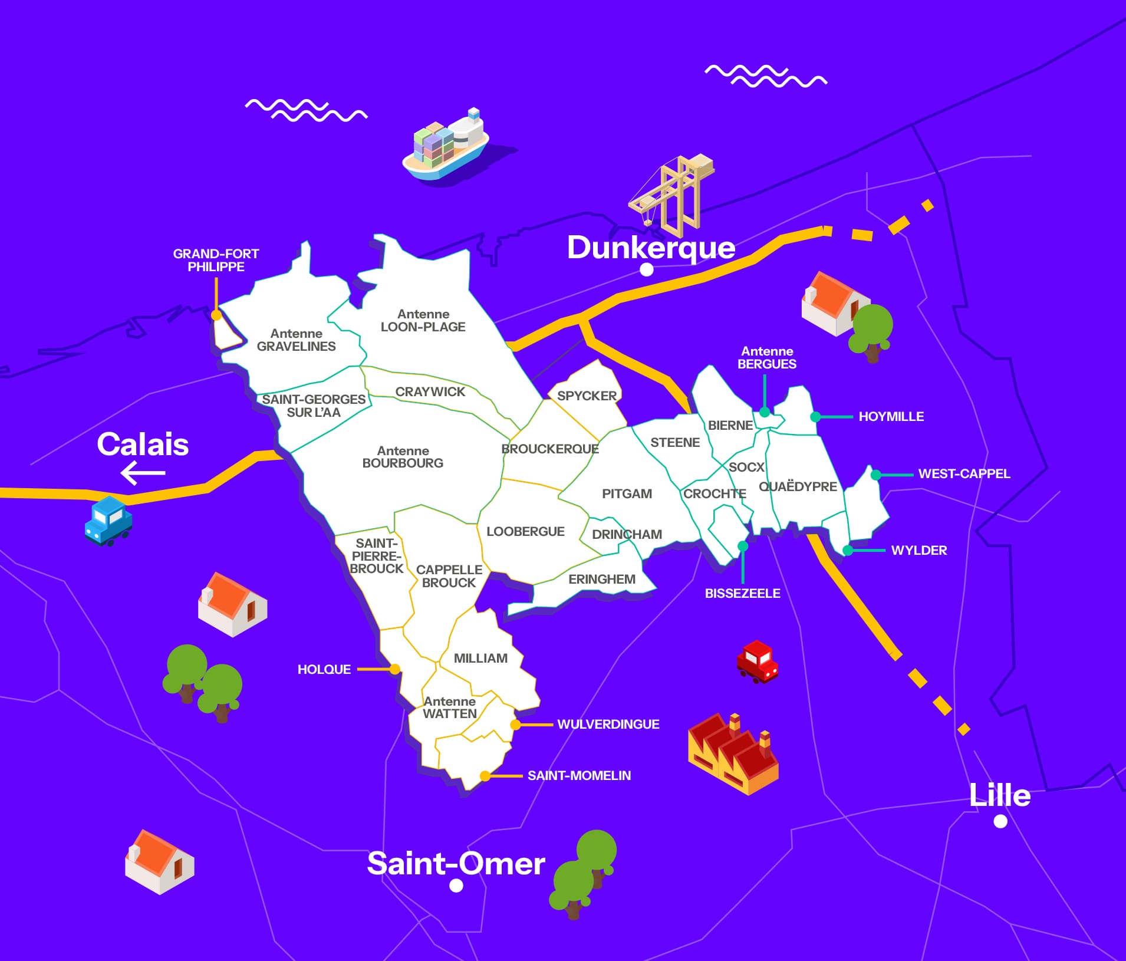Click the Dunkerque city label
(x=651, y=248)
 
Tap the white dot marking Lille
(x=1000, y=821)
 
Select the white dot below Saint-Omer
(x=456, y=886)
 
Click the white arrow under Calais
(x=143, y=473)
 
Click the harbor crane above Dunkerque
(x=674, y=193)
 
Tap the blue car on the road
(x=108, y=520)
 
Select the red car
(x=758, y=661)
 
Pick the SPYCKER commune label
(x=587, y=396)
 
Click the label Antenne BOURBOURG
(x=403, y=457)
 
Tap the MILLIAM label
(x=480, y=658)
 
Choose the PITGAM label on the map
(x=627, y=493)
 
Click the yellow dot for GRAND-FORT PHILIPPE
(x=216, y=315)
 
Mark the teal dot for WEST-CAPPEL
(x=876, y=475)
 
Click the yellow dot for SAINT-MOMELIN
(x=485, y=776)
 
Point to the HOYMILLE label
(x=891, y=417)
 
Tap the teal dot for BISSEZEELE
(x=743, y=546)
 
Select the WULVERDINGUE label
(x=608, y=724)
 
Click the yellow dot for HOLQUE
(x=395, y=669)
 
